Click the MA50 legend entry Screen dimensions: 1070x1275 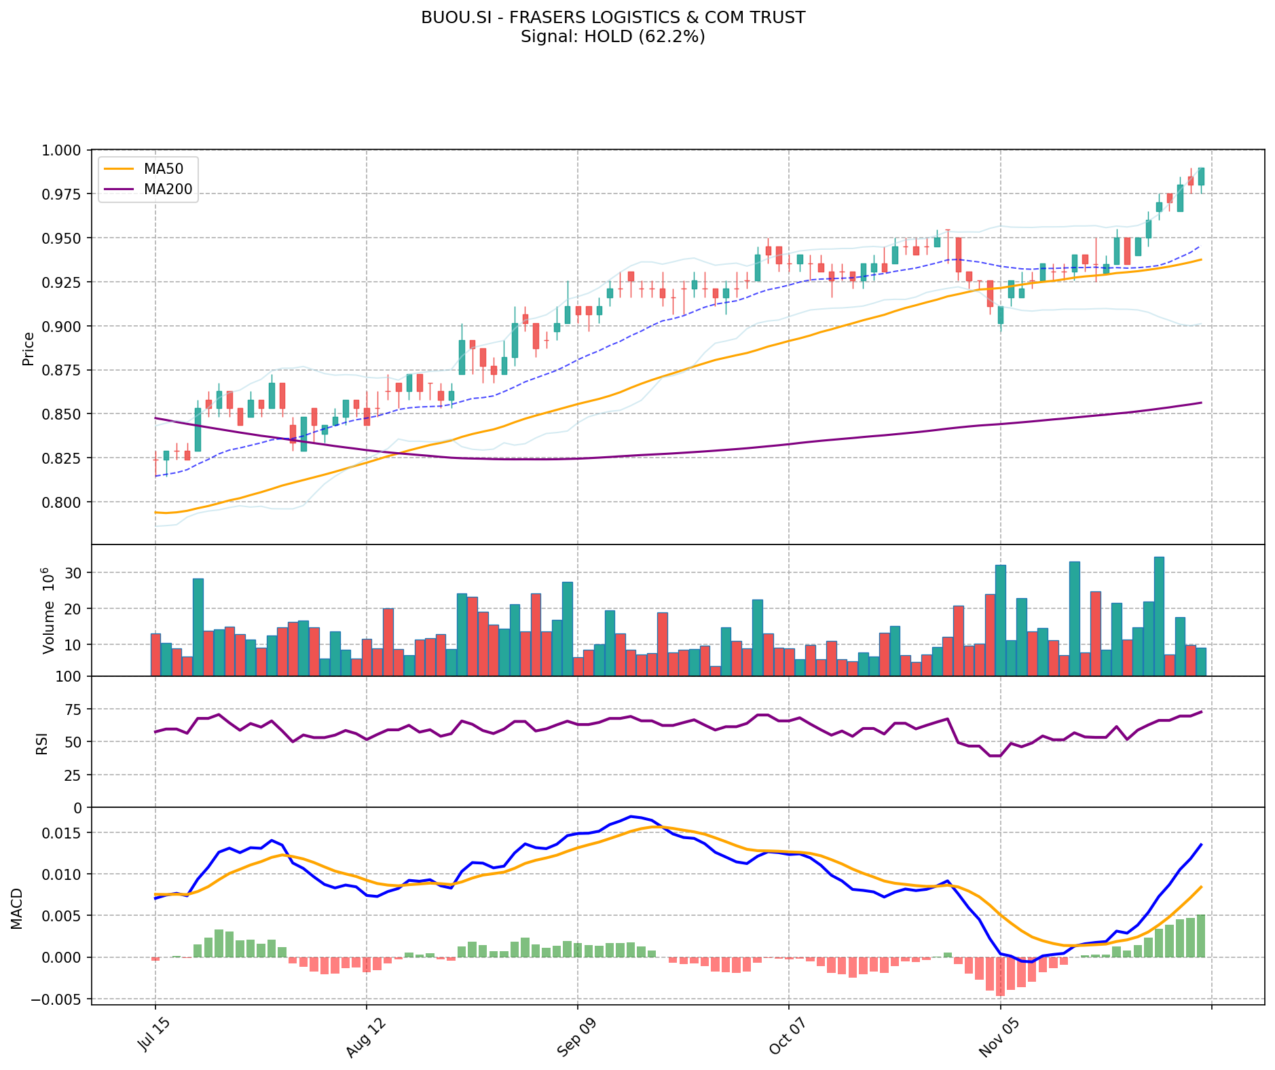(x=163, y=168)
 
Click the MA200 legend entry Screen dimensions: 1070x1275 (x=168, y=189)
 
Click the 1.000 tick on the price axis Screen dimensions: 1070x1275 (x=62, y=150)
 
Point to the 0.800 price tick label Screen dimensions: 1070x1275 (x=62, y=502)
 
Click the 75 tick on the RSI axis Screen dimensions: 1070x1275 (x=73, y=709)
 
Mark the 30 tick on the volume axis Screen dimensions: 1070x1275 (x=73, y=573)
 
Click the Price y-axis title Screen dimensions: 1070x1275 (x=29, y=348)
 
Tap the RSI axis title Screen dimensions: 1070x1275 (x=42, y=743)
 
